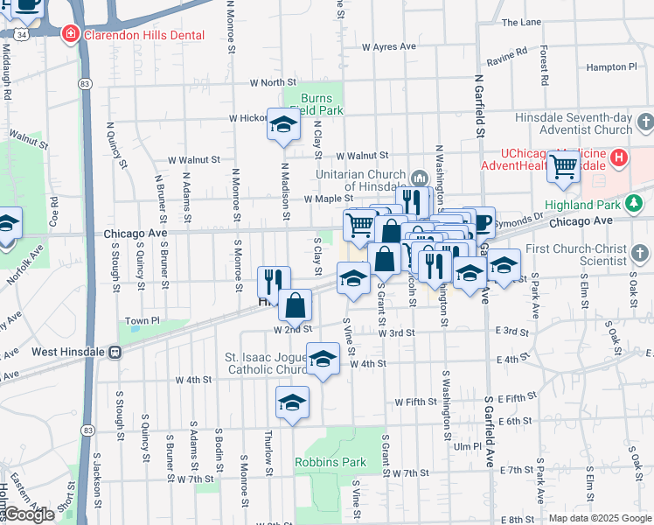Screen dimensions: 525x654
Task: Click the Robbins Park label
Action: pyautogui.click(x=330, y=462)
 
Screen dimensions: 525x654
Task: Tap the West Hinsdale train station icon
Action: pyautogui.click(x=115, y=352)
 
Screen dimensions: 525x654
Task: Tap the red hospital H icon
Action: pyautogui.click(x=619, y=158)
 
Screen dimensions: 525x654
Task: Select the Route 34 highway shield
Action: pyautogui.click(x=20, y=32)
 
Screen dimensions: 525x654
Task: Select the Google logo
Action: pyautogui.click(x=31, y=514)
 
